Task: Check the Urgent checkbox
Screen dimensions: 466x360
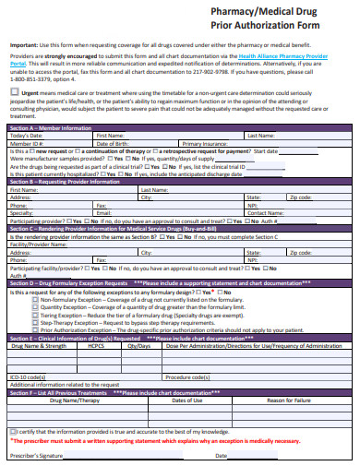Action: pos(15,93)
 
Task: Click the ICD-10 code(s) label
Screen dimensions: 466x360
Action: pos(28,376)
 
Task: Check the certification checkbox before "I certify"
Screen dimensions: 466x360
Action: pos(13,430)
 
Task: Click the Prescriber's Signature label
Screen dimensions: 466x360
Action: pos(37,455)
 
